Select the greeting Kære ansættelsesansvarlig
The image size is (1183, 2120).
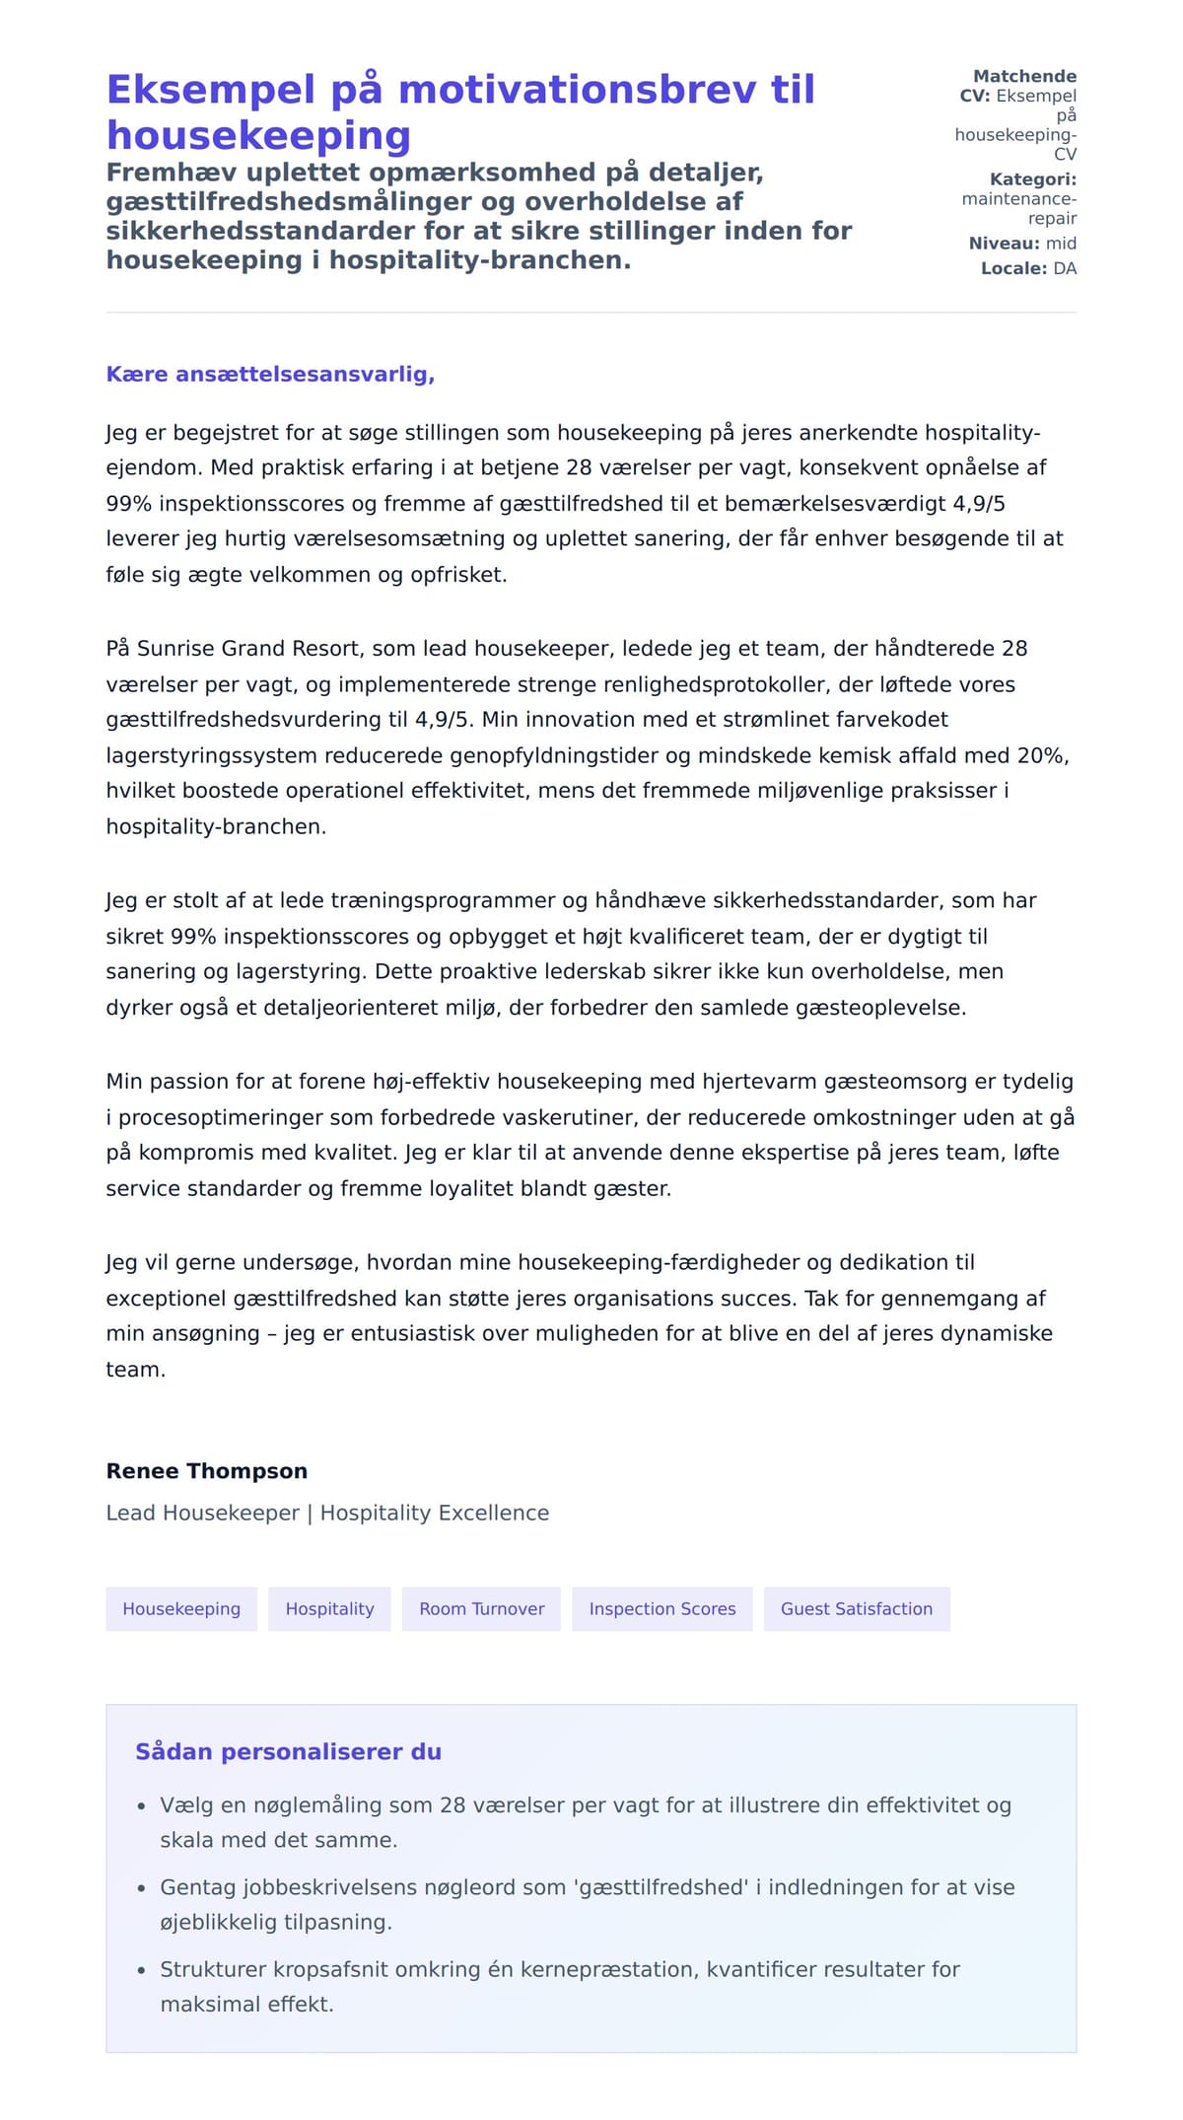tap(270, 375)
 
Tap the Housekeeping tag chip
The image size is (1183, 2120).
tap(181, 1608)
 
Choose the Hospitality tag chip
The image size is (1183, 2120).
tap(329, 1608)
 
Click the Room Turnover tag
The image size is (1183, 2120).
tap(481, 1608)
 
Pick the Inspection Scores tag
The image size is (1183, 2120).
tap(661, 1608)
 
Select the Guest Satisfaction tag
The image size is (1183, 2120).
tap(856, 1608)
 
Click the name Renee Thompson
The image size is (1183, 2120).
tap(206, 1470)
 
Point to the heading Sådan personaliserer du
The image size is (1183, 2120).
tap(288, 1751)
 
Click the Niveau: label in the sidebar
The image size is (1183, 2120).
tap(1004, 244)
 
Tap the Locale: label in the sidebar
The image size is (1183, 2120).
tap(1013, 268)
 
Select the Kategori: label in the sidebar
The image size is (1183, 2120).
tap(1032, 179)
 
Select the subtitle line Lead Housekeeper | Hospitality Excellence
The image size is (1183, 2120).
tap(327, 1513)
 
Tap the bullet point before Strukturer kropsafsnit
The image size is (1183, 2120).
tap(141, 1970)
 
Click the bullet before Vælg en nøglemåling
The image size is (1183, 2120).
tap(141, 1806)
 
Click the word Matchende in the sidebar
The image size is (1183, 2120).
tap(1024, 76)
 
